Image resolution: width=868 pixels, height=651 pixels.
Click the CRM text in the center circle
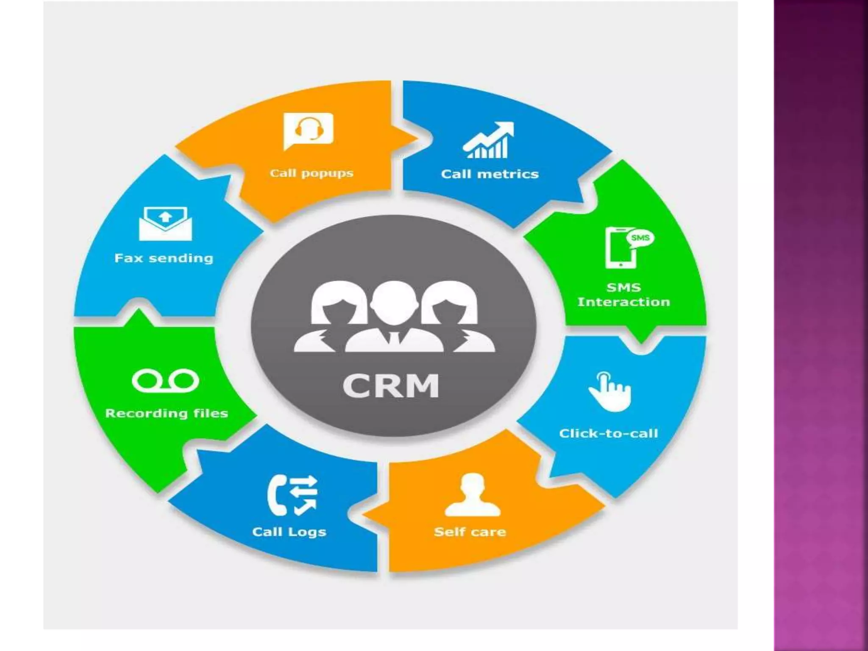tap(390, 385)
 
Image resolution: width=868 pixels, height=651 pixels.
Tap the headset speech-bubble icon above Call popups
tap(309, 131)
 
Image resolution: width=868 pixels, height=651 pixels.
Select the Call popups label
tap(312, 173)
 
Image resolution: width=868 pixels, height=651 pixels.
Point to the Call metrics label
tap(490, 174)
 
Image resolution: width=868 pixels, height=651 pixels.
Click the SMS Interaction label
tap(623, 295)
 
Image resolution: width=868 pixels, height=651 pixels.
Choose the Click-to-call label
tap(608, 433)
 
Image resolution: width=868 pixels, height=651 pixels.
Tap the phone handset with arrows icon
tap(292, 495)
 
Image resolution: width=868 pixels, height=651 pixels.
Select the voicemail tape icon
tap(165, 381)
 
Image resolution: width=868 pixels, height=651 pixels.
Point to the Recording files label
tap(167, 413)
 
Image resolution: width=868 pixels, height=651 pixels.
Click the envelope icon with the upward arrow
tap(165, 223)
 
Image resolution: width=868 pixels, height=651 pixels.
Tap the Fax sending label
tap(164, 258)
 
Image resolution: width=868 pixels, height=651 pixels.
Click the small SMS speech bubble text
tap(640, 237)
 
